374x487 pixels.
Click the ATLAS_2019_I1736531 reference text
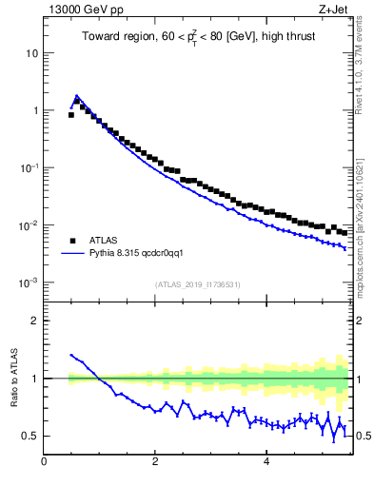[x=196, y=284]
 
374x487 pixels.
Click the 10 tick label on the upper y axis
[x=31, y=53]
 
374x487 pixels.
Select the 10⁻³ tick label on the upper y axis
[x=30, y=282]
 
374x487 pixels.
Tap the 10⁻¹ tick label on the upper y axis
[x=30, y=167]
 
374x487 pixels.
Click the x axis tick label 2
[x=155, y=462]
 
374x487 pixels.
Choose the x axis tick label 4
[x=267, y=462]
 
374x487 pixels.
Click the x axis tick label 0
[x=45, y=462]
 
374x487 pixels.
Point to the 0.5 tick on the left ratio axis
[x=31, y=436]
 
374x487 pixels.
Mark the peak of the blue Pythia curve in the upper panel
[x=77, y=96]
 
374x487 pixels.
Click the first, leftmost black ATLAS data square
[x=71, y=115]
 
